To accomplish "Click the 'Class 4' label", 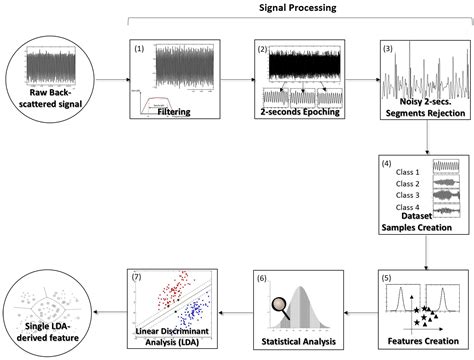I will coord(406,207).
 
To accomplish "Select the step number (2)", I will coord(262,48).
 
